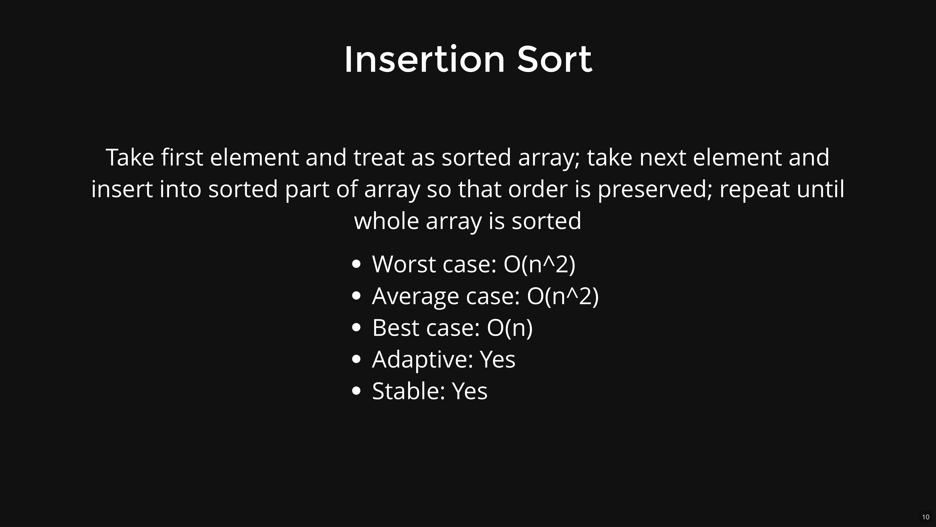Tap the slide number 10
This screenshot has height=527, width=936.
[926, 517]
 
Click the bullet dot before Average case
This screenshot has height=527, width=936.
[357, 296]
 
